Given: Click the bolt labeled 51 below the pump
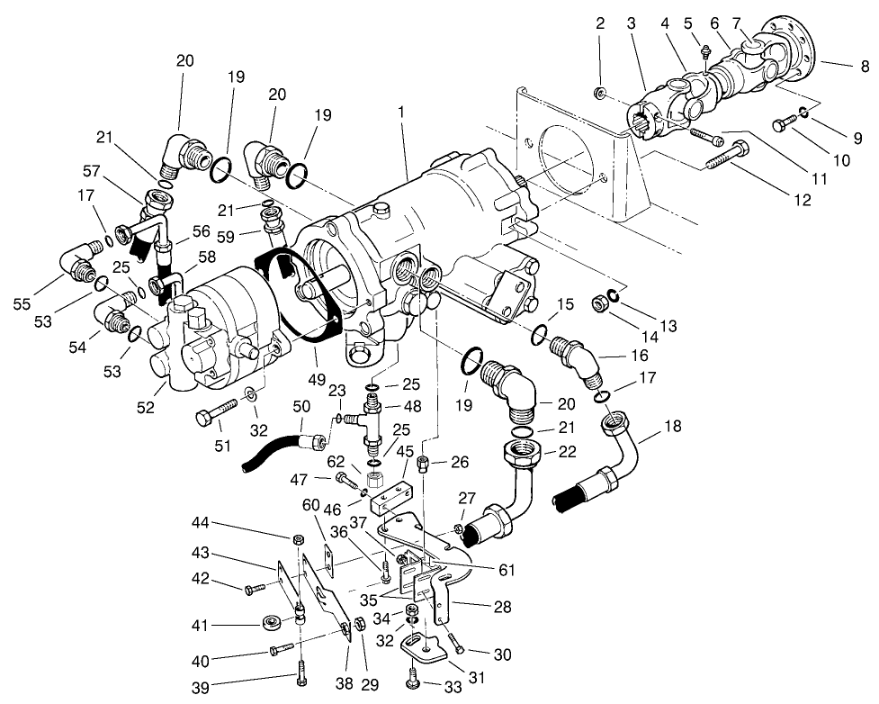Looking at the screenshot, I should pos(216,418).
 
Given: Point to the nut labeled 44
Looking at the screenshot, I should pos(298,539).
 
